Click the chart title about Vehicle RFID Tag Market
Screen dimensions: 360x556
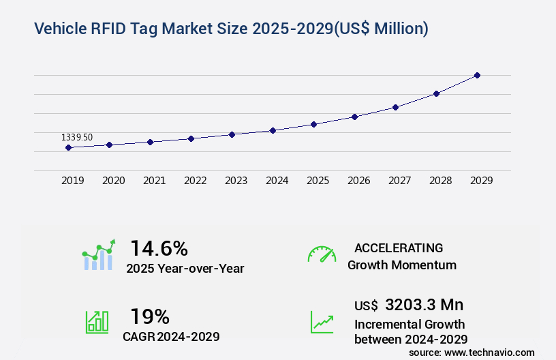[x=230, y=29]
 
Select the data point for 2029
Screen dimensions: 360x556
[x=477, y=75]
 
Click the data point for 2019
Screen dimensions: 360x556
[x=68, y=147]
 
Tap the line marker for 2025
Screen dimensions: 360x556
[x=313, y=124]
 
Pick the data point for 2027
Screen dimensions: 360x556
[x=395, y=107]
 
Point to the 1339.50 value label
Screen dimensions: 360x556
[x=76, y=137]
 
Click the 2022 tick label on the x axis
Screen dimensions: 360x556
[x=195, y=181]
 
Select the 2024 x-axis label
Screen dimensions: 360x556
[x=277, y=181]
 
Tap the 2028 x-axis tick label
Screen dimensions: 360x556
[x=440, y=181]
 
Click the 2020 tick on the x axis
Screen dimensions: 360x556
[x=113, y=181]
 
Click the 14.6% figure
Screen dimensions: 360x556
[x=159, y=248]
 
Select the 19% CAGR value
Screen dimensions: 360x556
[x=150, y=316]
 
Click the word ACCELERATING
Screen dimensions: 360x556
[x=399, y=247]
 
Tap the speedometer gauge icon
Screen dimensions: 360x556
[x=322, y=254]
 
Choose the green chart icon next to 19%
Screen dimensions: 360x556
[x=96, y=322]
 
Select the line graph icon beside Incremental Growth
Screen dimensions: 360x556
[x=322, y=322]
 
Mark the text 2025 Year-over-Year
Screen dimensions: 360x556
[x=185, y=269]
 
